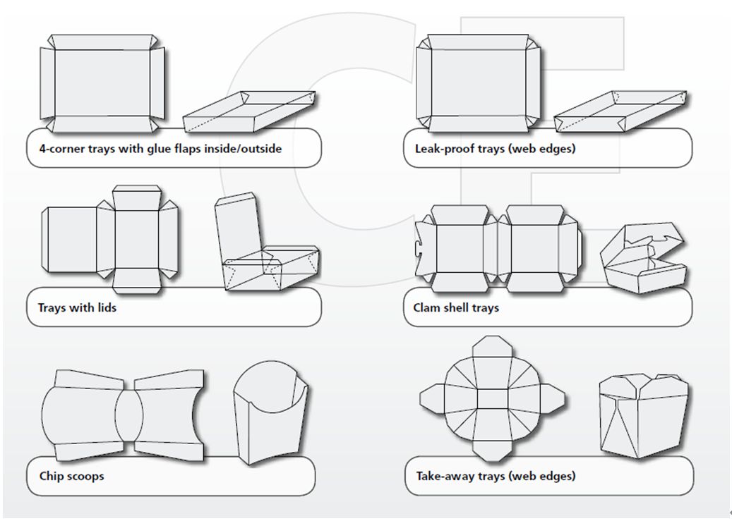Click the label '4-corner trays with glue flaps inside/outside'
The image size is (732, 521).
[160, 149]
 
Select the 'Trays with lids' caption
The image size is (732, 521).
[77, 307]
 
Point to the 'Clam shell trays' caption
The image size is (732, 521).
[456, 307]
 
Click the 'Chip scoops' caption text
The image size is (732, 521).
[71, 476]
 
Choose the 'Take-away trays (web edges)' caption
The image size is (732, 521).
[494, 476]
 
